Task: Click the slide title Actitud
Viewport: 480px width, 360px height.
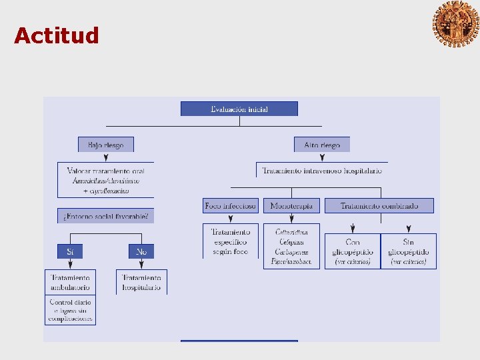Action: (57, 35)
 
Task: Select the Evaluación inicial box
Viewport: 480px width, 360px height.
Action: (239, 109)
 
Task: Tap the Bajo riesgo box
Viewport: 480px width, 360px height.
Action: (105, 145)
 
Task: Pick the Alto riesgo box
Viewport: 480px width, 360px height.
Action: (322, 145)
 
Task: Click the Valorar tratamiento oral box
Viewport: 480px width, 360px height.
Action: (106, 181)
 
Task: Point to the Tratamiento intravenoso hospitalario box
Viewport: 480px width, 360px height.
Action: (322, 171)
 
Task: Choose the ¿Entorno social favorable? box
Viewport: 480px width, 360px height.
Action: (105, 216)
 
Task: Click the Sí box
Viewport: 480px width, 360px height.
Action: (70, 251)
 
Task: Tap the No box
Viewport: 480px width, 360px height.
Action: (141, 251)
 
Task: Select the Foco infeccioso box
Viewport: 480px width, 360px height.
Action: (231, 206)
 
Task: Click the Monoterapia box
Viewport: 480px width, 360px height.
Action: (291, 206)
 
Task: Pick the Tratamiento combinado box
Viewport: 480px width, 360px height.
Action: (379, 206)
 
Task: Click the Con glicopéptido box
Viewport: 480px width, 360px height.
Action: (352, 251)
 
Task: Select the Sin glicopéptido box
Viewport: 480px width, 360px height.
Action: (409, 251)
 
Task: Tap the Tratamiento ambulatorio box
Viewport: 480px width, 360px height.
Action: (71, 283)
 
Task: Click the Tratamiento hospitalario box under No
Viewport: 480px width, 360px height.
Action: (141, 283)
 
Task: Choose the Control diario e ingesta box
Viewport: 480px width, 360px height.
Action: (71, 311)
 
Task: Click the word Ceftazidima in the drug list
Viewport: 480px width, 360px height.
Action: (292, 232)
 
